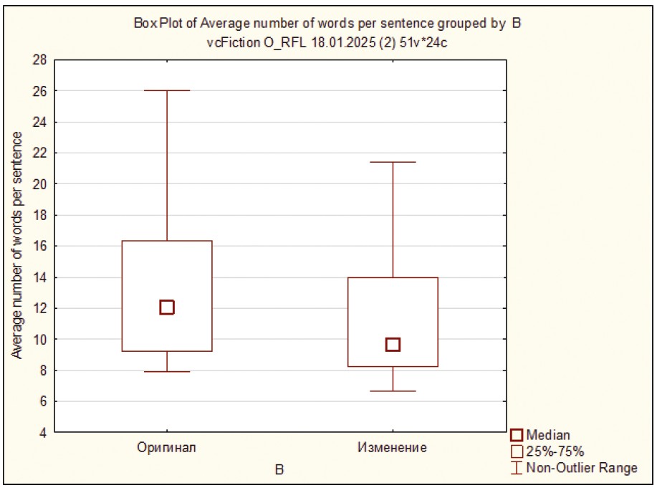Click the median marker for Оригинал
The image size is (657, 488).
(167, 307)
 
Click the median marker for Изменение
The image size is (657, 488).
(393, 345)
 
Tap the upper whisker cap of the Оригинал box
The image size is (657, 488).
(167, 91)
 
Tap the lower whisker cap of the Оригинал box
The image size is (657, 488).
(167, 372)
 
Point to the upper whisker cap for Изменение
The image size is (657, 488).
(393, 162)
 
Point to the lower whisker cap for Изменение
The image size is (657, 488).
(393, 391)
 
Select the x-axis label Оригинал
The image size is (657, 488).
(167, 448)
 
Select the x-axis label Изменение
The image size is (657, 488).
(392, 448)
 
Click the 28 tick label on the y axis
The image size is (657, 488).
(40, 60)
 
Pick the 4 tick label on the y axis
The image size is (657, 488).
(43, 433)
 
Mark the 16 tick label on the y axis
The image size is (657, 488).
(40, 247)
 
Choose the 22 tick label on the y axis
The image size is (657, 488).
(40, 153)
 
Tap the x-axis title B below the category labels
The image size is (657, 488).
(280, 470)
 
